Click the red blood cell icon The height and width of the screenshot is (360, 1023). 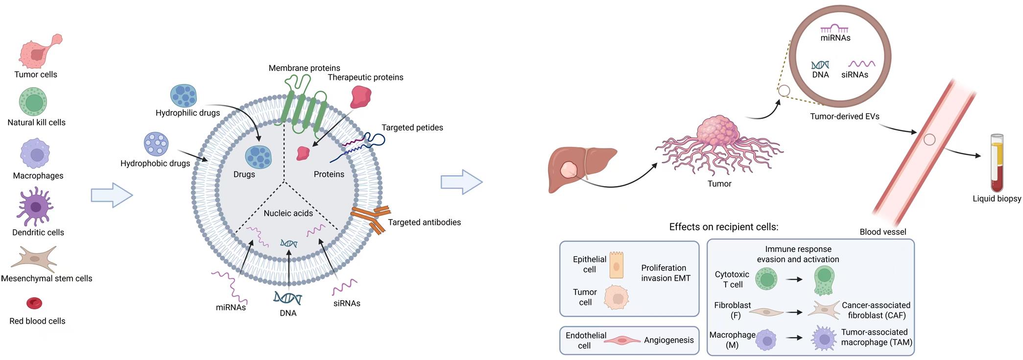34,303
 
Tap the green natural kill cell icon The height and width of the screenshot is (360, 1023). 33,102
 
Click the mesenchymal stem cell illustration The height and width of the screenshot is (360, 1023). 34,258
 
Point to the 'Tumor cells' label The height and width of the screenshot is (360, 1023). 36,74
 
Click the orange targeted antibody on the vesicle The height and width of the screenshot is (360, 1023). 371,218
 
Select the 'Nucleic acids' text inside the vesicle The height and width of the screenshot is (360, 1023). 288,213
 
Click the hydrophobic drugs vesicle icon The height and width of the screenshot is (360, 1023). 156,144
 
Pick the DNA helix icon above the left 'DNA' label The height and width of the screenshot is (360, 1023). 288,297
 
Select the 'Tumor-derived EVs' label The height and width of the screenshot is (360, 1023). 844,117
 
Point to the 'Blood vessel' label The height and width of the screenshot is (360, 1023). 882,232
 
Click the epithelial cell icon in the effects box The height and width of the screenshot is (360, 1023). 617,265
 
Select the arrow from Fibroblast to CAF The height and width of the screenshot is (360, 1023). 794,312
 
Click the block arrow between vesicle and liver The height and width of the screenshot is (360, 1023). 461,182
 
